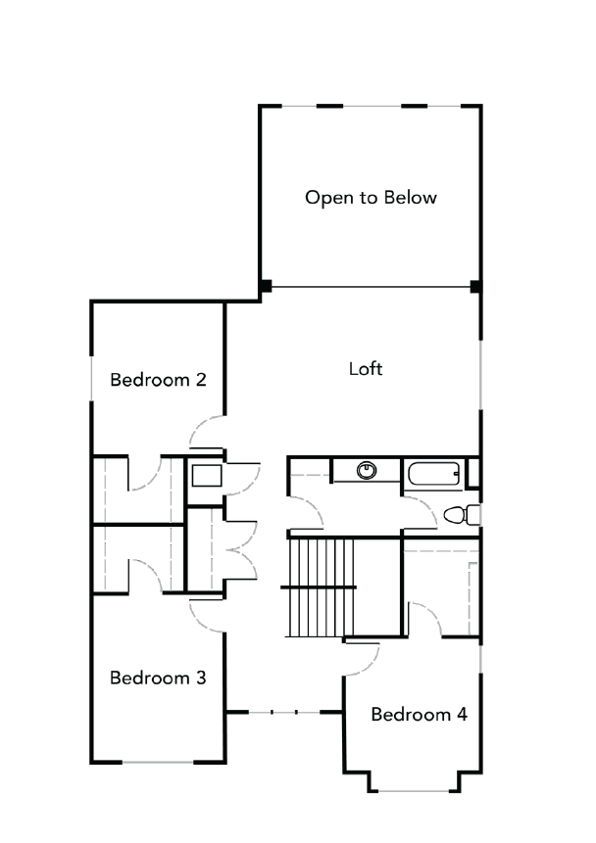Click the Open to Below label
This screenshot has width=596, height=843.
click(371, 198)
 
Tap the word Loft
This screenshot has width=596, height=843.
click(366, 369)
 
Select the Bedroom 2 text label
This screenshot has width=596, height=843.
click(157, 380)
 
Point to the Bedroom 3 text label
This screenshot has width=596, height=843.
click(157, 678)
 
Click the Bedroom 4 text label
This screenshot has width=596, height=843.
click(419, 714)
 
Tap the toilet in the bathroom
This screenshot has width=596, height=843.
click(458, 514)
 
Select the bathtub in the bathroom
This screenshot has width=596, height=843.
click(432, 476)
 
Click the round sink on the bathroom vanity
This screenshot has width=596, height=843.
click(368, 470)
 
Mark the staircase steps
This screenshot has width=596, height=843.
click(321, 585)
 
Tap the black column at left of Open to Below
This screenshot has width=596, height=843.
click(265, 286)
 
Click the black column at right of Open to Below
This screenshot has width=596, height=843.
click(475, 287)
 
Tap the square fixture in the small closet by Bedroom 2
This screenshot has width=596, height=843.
click(206, 477)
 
